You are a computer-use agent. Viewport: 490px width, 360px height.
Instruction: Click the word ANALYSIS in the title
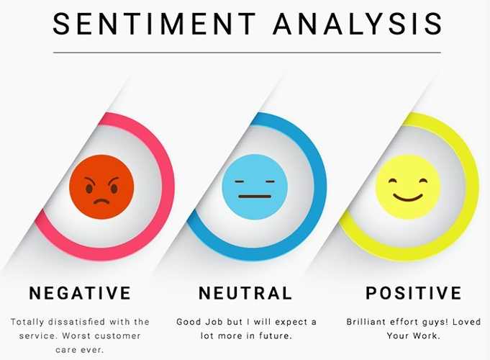358,24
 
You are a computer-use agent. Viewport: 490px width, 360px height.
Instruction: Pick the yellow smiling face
407,187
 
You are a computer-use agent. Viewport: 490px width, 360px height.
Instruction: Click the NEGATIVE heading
80,293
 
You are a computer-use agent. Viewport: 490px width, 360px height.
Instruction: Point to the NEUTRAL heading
245,293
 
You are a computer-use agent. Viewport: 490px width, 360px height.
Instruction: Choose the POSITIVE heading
414,293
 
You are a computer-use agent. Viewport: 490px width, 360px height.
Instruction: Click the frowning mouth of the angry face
101,201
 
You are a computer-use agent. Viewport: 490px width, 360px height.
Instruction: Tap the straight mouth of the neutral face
255,196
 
